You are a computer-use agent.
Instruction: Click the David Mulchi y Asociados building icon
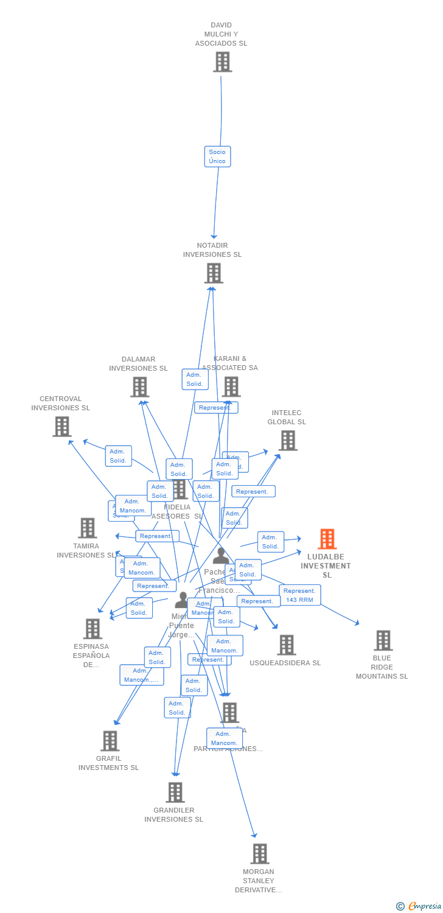pos(222,61)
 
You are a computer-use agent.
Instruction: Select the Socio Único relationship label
pos(217,156)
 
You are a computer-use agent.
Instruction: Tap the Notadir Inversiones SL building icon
pos(213,273)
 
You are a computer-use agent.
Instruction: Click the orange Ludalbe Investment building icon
pos(327,539)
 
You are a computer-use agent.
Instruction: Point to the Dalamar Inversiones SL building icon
pos(139,387)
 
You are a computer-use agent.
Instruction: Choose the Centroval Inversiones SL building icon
pos(61,427)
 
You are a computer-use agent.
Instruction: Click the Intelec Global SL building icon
pos(288,440)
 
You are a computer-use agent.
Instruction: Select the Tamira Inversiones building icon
pos(88,528)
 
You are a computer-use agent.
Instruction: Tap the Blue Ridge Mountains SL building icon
pos(383,640)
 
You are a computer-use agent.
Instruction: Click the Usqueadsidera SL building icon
pos(286,645)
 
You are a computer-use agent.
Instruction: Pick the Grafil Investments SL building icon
pos(110,741)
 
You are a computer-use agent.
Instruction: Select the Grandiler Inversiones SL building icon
pos(175,792)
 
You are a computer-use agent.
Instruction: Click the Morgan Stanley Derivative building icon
pos(260,854)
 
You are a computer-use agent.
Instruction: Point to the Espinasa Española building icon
pos(92,629)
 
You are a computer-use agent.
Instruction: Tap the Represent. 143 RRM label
pos(299,595)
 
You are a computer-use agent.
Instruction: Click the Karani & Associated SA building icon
pos(231,387)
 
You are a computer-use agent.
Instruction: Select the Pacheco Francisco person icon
pos(220,556)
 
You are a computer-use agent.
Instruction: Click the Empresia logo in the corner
pos(419,906)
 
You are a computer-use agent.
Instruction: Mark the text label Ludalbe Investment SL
pos(327,566)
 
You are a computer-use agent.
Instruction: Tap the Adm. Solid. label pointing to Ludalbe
pos(270,542)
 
